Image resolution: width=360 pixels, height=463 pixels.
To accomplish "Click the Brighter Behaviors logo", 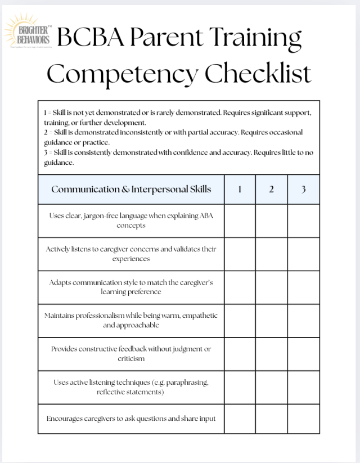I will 28,33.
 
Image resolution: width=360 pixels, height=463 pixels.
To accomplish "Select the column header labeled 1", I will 240,189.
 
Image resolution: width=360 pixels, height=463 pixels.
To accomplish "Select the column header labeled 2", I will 271,189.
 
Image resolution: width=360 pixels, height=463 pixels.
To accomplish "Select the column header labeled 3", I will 303,189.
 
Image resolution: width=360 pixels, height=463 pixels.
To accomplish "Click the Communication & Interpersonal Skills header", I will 131,189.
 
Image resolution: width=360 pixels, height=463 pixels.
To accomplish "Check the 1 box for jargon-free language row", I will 240,221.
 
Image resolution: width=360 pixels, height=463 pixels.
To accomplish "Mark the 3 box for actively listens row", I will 303,254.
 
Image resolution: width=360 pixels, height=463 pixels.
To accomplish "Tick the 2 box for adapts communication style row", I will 271,287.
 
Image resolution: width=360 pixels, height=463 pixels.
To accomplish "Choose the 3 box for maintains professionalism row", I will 303,320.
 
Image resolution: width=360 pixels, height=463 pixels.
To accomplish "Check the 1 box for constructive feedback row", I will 240,353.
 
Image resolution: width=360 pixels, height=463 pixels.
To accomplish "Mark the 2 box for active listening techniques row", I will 271,387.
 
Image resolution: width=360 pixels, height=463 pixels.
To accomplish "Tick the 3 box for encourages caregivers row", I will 303,419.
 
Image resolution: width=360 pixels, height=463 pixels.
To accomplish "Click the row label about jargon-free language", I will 131,221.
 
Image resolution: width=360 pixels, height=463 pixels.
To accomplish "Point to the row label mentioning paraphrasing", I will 131,387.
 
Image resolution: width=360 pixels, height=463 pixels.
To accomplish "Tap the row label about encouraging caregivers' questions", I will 131,419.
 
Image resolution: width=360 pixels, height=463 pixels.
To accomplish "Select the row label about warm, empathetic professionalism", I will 131,320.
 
